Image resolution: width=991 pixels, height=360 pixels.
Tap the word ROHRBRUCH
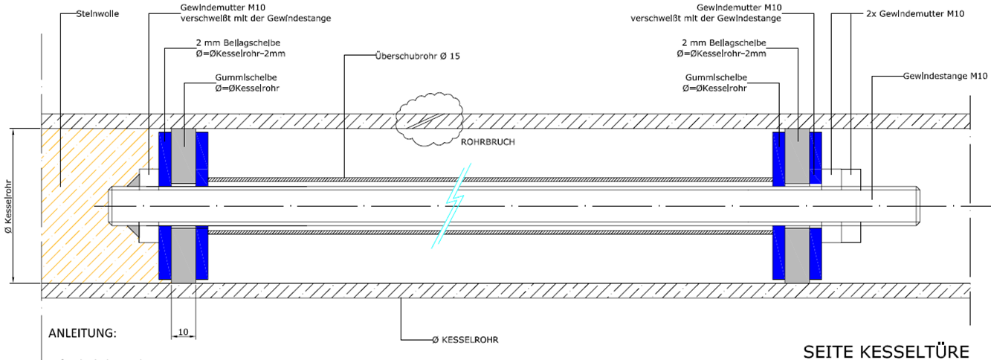tap(488, 141)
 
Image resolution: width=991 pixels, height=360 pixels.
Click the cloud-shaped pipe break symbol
tap(431, 119)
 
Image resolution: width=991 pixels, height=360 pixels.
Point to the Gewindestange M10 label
tap(944, 76)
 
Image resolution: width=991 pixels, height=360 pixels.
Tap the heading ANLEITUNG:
tap(83, 332)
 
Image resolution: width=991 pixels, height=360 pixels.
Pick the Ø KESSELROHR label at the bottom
tap(465, 339)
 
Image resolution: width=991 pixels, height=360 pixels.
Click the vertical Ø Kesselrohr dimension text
tap(8, 206)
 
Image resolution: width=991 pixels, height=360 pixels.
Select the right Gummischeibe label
tap(714, 83)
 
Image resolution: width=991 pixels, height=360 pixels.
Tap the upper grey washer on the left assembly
tap(184, 156)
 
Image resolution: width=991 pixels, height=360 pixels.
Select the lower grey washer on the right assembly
tap(797, 254)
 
